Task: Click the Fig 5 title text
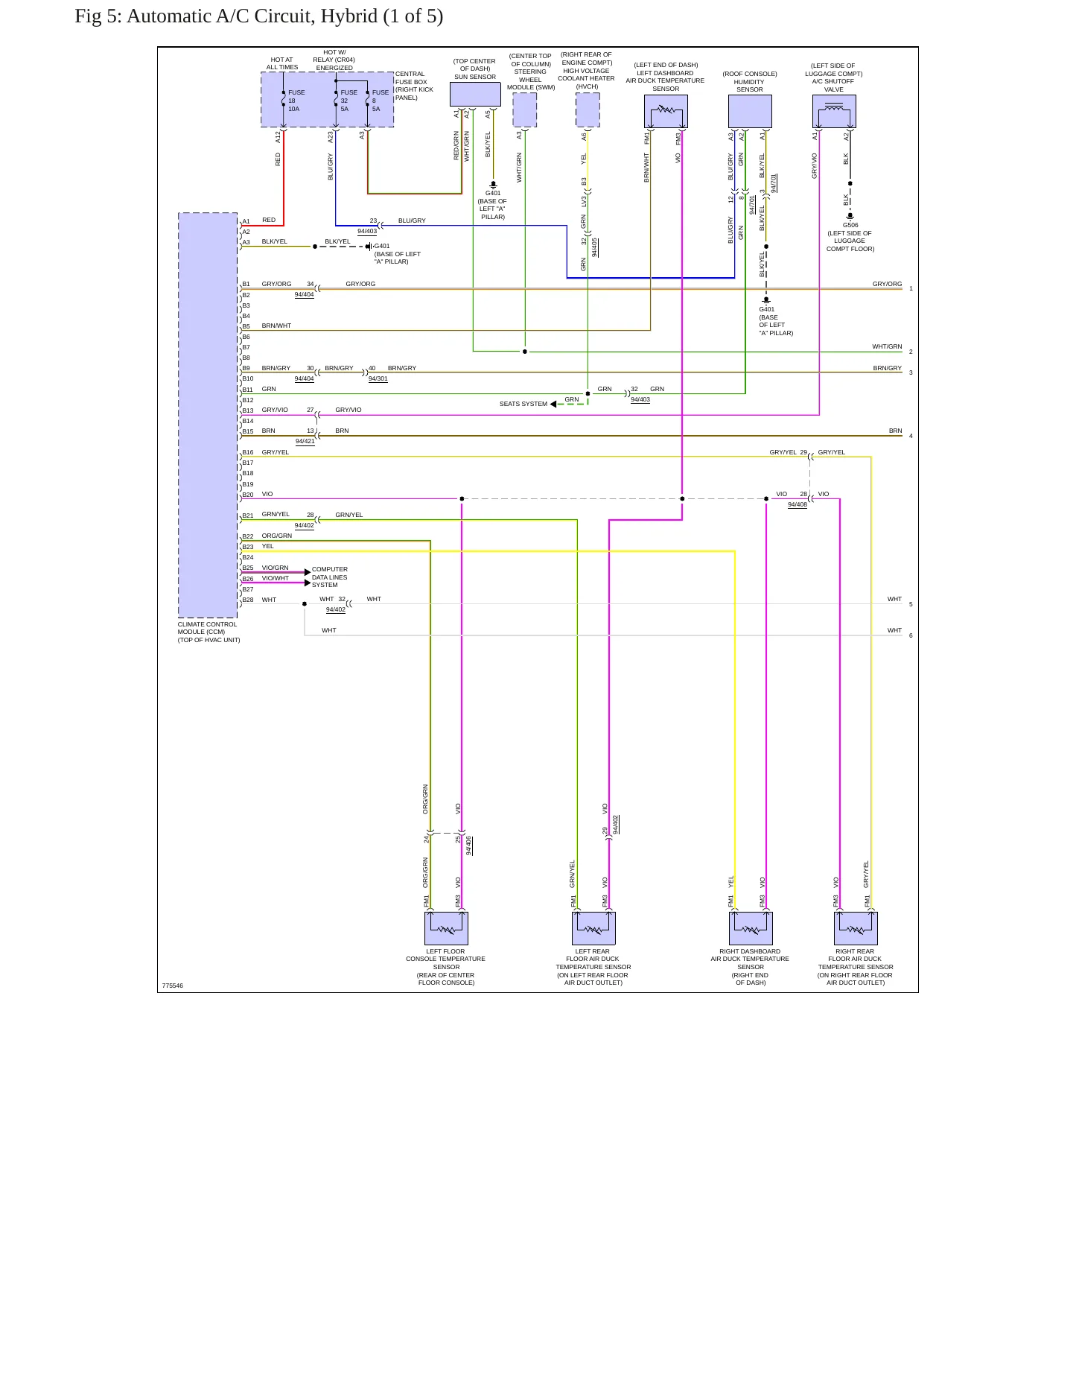[258, 16]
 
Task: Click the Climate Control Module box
[208, 415]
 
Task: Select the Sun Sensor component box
[475, 95]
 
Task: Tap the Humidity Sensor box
[750, 111]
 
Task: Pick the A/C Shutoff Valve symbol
[834, 111]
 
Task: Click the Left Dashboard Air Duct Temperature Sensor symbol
[666, 111]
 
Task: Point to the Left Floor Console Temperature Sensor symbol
[446, 928]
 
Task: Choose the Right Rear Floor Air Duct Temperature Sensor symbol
[856, 928]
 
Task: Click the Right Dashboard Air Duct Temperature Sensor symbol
[751, 928]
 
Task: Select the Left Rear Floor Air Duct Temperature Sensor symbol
[593, 928]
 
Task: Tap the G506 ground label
[850, 225]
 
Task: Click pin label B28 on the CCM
[248, 600]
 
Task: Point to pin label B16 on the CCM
[248, 452]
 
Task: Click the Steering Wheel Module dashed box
[525, 110]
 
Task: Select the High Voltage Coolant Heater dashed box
[588, 110]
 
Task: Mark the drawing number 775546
[173, 986]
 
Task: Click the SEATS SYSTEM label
[523, 404]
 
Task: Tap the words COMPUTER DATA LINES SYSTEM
[330, 577]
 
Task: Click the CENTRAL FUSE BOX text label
[414, 86]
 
